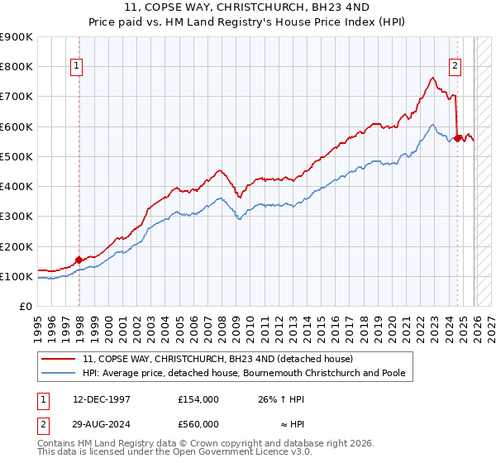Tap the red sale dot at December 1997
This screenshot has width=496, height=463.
pyautogui.click(x=79, y=260)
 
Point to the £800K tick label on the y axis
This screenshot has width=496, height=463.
pyautogui.click(x=17, y=67)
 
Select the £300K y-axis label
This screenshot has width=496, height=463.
pyautogui.click(x=17, y=217)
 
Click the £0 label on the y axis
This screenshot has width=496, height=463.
pyautogui.click(x=25, y=307)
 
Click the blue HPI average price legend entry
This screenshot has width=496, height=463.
pyautogui.click(x=244, y=374)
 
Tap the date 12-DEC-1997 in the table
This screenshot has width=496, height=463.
pyautogui.click(x=102, y=399)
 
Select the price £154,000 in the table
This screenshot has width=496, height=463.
pyautogui.click(x=198, y=399)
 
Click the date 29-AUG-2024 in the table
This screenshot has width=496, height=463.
pyautogui.click(x=102, y=423)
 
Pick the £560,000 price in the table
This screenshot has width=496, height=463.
pyautogui.click(x=198, y=423)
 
